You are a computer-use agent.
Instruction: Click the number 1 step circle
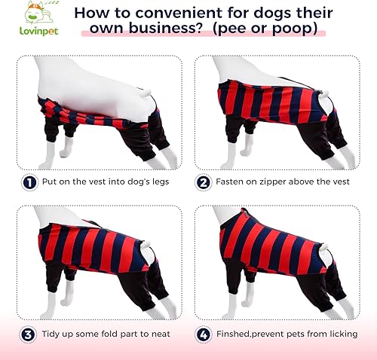[x=28, y=182]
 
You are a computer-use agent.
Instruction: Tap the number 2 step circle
[x=203, y=182]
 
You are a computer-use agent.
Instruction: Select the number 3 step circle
[x=28, y=333]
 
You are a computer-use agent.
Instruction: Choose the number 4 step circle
[x=203, y=333]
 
